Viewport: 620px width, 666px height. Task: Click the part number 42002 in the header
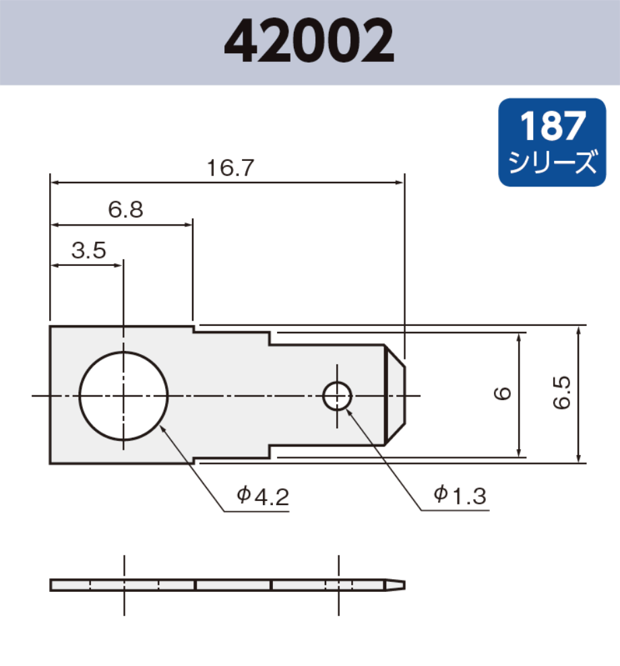309,42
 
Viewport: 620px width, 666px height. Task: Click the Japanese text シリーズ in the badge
551,162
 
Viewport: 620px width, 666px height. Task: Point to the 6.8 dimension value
125,210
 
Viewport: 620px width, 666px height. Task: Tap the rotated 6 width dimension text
503,394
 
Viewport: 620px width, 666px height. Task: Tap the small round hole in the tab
337,396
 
